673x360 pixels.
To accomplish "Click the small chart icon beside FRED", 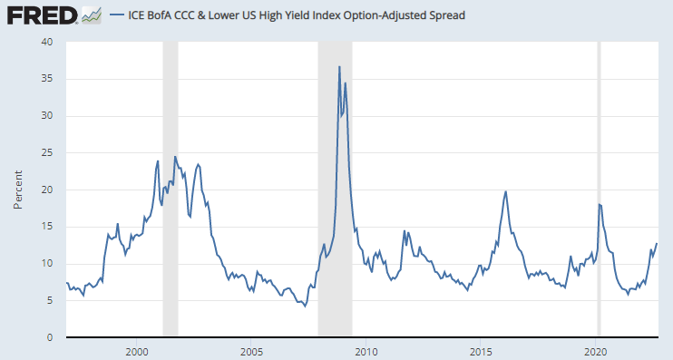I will tap(92, 15).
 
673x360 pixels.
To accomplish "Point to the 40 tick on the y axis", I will tap(47, 42).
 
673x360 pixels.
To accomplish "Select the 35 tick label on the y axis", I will tap(47, 79).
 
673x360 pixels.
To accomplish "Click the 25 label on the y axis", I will tap(47, 153).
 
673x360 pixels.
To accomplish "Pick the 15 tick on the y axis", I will tap(47, 227).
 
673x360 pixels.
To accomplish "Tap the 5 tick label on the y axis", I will tap(50, 301).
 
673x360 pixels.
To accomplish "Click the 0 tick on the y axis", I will tap(50, 338).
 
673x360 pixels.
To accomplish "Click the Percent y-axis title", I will tap(17, 190).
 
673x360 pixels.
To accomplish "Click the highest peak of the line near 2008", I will tap(339, 66).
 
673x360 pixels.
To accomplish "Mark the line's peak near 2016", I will tap(505, 191).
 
